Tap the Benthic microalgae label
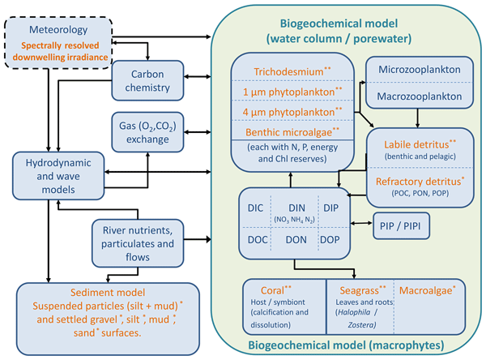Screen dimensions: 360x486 pyautogui.click(x=287, y=131)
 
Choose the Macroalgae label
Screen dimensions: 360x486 pyautogui.click(x=431, y=289)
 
